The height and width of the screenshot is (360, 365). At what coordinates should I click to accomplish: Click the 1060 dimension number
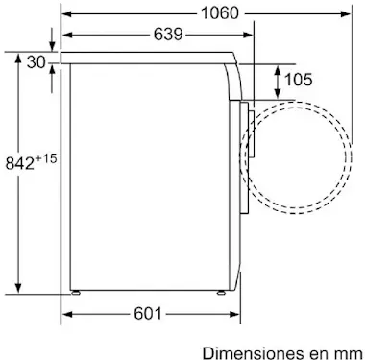click(x=220, y=13)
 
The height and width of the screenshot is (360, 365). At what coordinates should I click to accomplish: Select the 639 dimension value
click(x=168, y=35)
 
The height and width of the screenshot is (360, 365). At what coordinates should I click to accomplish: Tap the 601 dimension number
click(x=148, y=314)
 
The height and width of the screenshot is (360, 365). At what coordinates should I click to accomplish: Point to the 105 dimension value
click(x=298, y=80)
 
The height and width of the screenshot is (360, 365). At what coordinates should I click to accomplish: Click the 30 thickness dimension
click(x=36, y=61)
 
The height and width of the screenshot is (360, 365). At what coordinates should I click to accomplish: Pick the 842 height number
click(x=20, y=164)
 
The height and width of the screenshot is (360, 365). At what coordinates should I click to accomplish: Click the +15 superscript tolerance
click(x=46, y=158)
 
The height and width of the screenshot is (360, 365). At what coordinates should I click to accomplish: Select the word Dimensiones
click(x=253, y=353)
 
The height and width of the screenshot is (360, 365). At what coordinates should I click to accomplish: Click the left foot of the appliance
click(x=76, y=293)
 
